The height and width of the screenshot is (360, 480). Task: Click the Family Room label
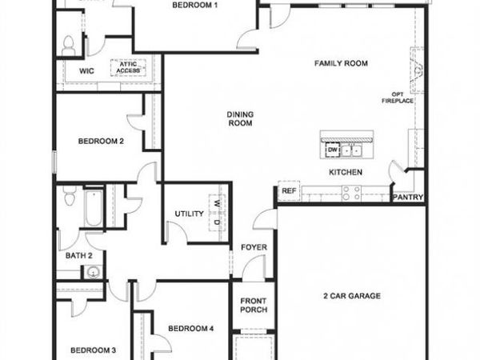(x=341, y=63)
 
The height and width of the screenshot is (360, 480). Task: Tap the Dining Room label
(x=240, y=118)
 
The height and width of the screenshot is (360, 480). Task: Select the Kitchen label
(x=346, y=172)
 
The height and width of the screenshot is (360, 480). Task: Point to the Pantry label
(x=407, y=197)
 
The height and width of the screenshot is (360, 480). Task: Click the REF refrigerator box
(x=289, y=192)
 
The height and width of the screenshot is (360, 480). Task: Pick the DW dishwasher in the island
(x=331, y=149)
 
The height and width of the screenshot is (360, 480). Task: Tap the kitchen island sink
(x=351, y=150)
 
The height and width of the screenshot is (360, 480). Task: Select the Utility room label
(x=190, y=214)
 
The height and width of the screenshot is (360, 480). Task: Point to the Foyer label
(x=254, y=247)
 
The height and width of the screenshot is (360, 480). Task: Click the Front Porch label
(x=254, y=306)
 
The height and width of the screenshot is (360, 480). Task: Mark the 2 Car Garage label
(x=353, y=296)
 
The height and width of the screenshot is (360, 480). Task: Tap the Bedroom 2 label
(x=101, y=142)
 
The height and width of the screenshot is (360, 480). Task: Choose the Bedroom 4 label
(x=190, y=328)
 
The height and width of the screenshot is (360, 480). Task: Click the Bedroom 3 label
(x=93, y=350)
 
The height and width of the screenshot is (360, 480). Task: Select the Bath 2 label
(x=79, y=256)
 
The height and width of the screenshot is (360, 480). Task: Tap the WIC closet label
(x=87, y=70)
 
